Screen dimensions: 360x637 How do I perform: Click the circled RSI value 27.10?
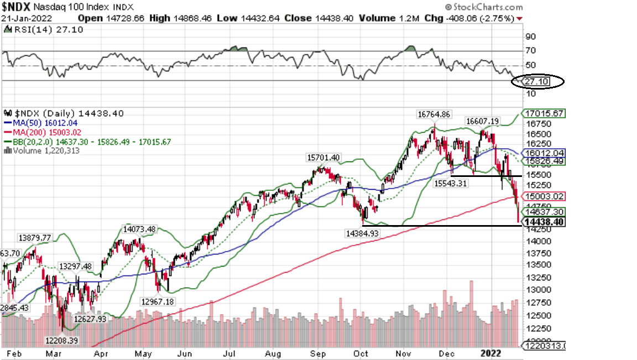point(536,82)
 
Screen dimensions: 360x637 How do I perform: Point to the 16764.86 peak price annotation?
point(434,114)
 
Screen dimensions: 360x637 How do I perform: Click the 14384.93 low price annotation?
point(362,234)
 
